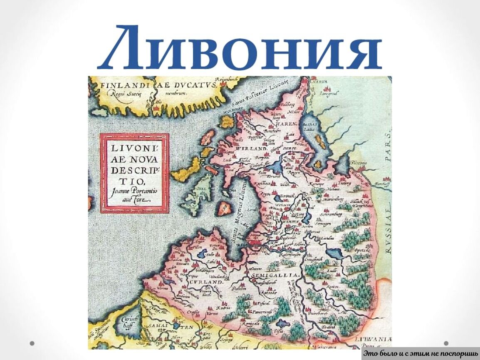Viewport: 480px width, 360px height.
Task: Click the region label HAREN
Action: pos(285,124)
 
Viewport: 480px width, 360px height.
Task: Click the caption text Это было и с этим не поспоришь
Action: pos(420,354)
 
